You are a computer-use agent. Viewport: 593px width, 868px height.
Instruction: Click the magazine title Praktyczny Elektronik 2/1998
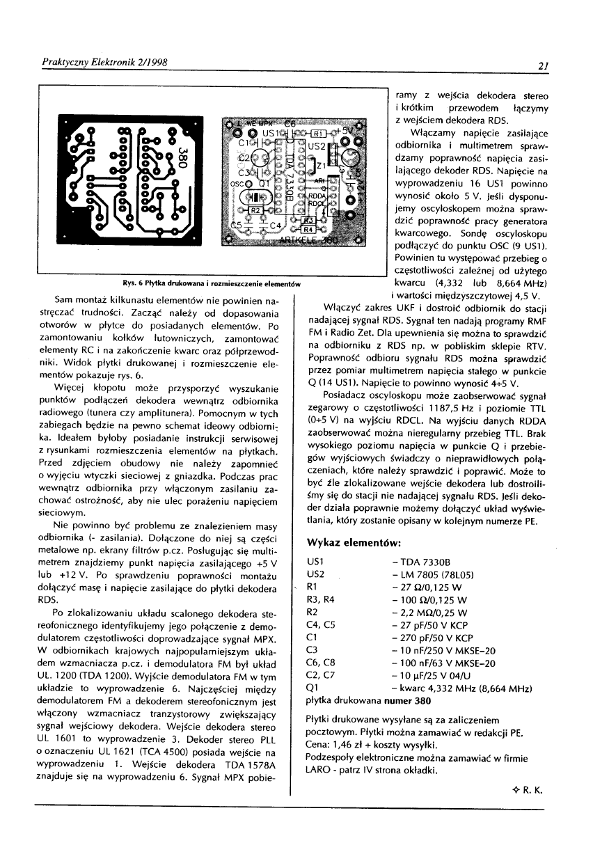(102, 63)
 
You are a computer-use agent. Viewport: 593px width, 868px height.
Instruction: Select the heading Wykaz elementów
(354, 542)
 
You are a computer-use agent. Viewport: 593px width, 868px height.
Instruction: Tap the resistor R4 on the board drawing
(308, 228)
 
